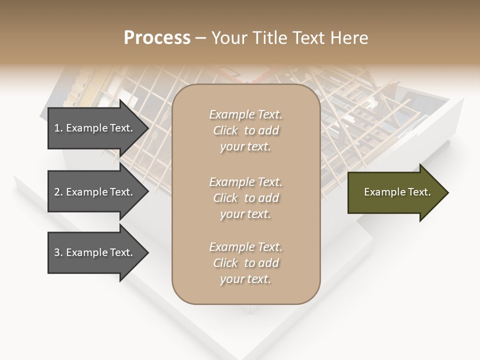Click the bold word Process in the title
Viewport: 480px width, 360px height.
(x=157, y=38)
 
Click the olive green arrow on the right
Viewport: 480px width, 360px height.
(x=395, y=192)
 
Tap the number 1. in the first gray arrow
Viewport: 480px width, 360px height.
(x=58, y=128)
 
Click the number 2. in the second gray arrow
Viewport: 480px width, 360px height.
(x=58, y=192)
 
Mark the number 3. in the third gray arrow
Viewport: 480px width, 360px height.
(x=58, y=252)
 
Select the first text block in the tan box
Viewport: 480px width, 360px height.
(x=245, y=130)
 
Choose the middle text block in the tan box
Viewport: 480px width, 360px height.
(x=245, y=198)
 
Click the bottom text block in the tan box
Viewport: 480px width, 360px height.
(x=245, y=263)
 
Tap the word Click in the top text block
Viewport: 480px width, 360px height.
(x=225, y=130)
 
